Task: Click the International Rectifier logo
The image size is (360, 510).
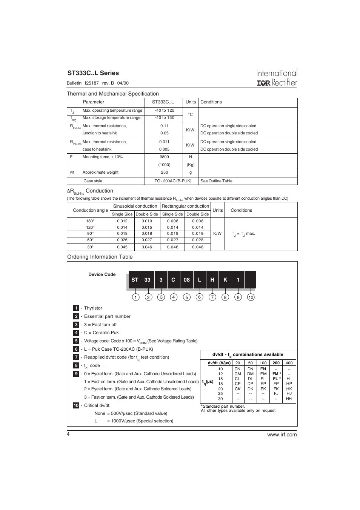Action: pos(277,78)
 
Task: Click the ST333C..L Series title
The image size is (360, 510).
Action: pos(93,73)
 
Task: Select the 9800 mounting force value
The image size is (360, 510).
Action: pos(164,157)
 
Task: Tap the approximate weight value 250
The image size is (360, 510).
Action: pos(164,173)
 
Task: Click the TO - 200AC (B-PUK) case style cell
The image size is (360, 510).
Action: pos(173,181)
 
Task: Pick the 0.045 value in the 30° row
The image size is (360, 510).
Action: pos(122,247)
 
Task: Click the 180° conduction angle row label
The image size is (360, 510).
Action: pos(90,221)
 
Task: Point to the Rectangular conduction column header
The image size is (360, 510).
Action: pos(185,206)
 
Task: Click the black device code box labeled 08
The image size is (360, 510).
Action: pos(187,280)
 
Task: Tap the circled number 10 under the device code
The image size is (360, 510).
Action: pos(251,297)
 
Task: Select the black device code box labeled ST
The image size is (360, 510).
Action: pos(135,280)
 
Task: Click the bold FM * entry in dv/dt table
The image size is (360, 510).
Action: pos(276,374)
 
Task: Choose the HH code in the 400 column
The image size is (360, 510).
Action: pos(289,399)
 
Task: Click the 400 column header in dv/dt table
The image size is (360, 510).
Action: pos(289,363)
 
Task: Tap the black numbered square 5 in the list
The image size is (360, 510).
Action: pos(76,341)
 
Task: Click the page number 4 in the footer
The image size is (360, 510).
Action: pos(68,435)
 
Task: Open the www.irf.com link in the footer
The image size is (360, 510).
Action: pos(282,435)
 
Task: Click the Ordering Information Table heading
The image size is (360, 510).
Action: pos(100,257)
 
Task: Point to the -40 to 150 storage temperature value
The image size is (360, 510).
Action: pos(164,118)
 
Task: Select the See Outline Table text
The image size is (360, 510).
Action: pos(216,181)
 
